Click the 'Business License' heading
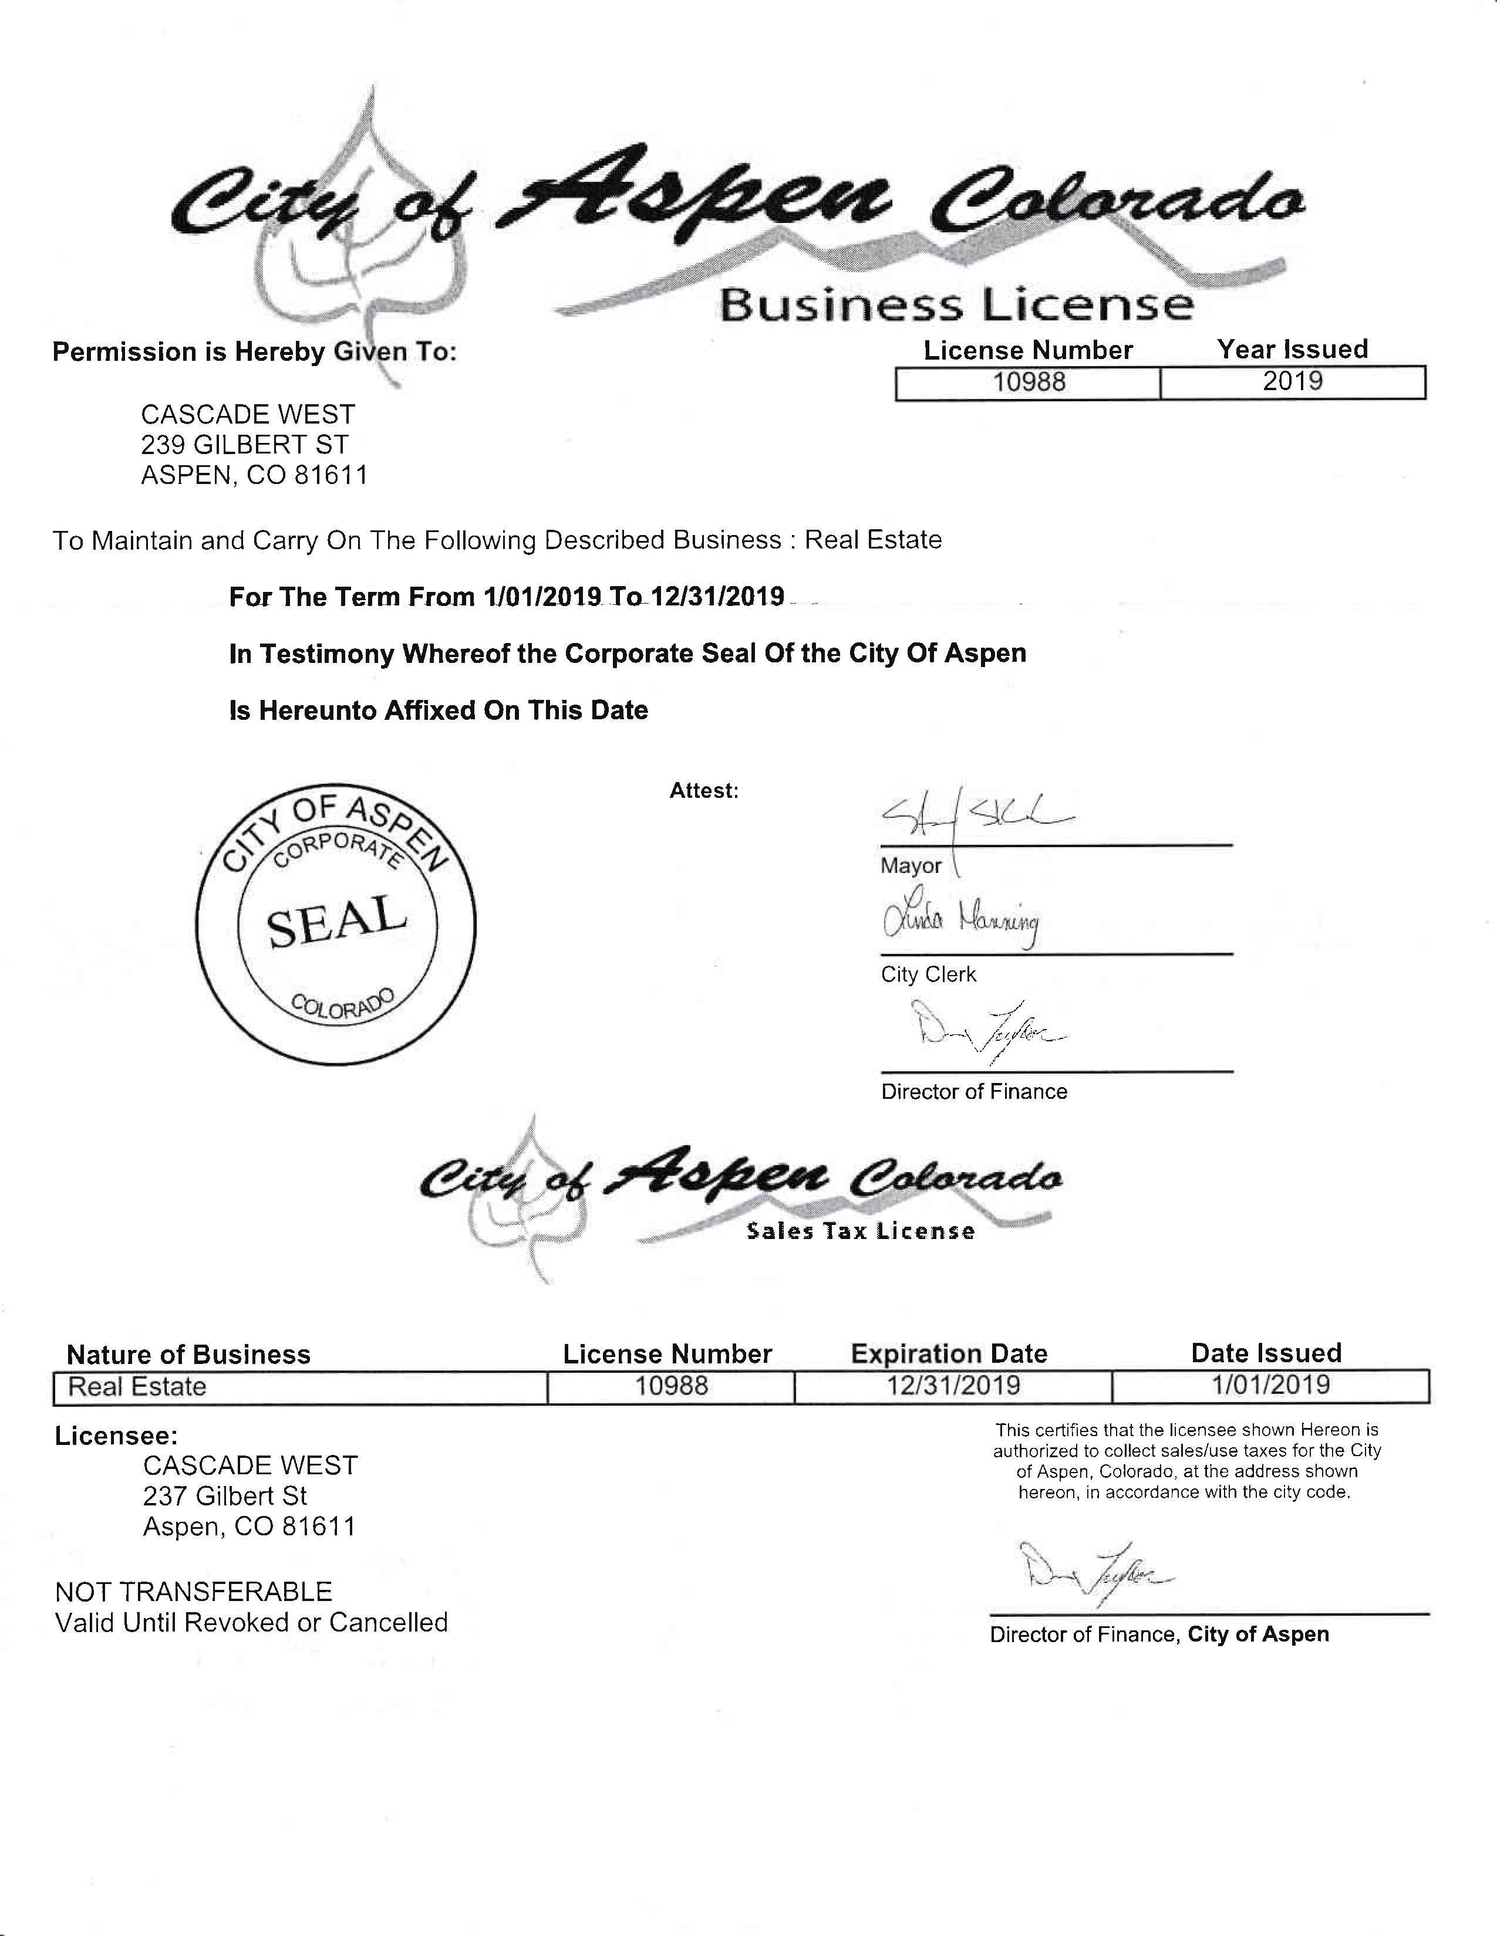(x=956, y=305)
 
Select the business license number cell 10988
(x=1029, y=383)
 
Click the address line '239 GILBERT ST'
(x=245, y=445)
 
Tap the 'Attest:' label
(x=703, y=791)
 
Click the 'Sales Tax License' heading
(x=860, y=1231)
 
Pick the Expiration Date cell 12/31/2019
(x=953, y=1386)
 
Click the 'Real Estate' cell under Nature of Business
(x=137, y=1387)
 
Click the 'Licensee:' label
(x=116, y=1436)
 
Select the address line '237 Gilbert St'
(x=225, y=1497)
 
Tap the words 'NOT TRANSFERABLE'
(x=193, y=1592)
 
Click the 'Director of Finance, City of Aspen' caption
(x=1159, y=1634)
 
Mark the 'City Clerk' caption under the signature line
(x=928, y=975)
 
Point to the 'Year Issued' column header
(x=1292, y=349)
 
